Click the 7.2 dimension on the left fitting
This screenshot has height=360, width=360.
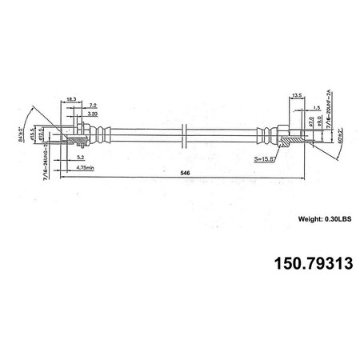tap(93, 106)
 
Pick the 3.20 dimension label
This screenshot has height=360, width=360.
tap(93, 114)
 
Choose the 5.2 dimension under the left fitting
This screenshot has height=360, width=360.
tap(81, 158)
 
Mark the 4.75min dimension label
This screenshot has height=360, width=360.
tap(85, 167)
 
